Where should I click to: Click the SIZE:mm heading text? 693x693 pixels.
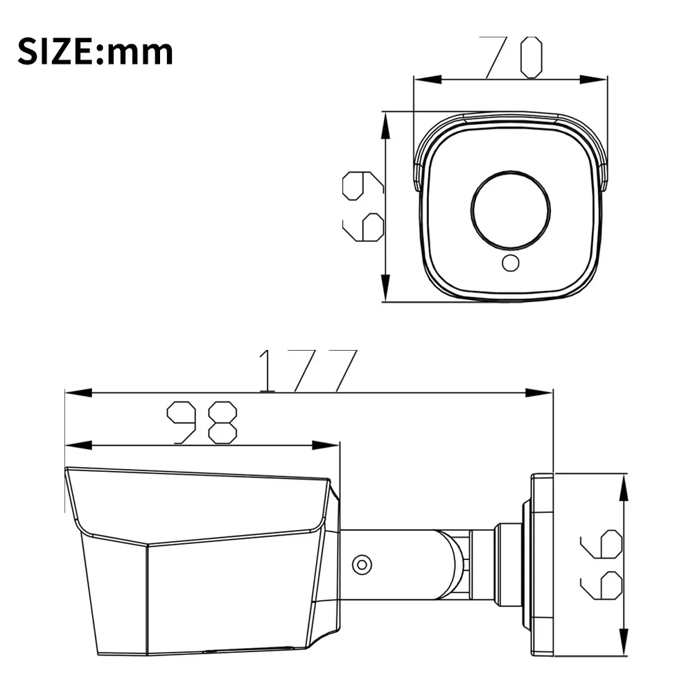point(95,52)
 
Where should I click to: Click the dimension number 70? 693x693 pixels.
point(514,57)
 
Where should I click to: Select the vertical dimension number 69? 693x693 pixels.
point(363,207)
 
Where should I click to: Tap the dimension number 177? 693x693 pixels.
point(308,370)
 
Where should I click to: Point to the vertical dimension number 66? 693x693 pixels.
point(601,564)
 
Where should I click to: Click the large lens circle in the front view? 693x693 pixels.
point(510,207)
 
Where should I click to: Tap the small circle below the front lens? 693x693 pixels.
point(510,263)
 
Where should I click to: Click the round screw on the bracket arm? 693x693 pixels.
point(360,564)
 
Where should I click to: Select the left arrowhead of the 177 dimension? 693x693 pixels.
point(77,393)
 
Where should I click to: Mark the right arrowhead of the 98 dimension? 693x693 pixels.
point(326,444)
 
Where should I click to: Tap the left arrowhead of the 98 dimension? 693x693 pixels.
point(77,444)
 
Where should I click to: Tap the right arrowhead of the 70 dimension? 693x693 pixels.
point(595,80)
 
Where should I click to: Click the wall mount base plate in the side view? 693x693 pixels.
point(542,564)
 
